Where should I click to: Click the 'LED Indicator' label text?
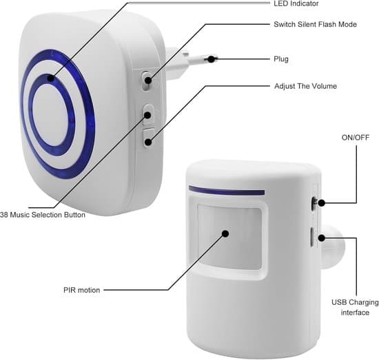click(296, 3)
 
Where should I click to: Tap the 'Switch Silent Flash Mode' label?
click(315, 24)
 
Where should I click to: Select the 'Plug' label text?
click(281, 59)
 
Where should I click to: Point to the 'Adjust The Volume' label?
click(305, 86)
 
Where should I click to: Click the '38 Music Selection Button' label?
click(43, 215)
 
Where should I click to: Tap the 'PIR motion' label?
click(82, 290)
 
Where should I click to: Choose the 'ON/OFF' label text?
click(356, 138)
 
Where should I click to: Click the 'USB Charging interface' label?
click(355, 308)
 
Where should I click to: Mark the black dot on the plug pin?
click(212, 59)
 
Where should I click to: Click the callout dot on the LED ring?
click(51, 78)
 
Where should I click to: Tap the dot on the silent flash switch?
click(148, 81)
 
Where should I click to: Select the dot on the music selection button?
click(147, 115)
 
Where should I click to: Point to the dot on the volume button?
click(148, 142)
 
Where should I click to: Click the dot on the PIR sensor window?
click(225, 233)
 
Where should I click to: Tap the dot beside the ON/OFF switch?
click(321, 203)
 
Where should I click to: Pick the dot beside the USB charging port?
click(322, 238)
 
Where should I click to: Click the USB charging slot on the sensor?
click(311, 237)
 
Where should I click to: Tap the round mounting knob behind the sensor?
click(331, 246)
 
